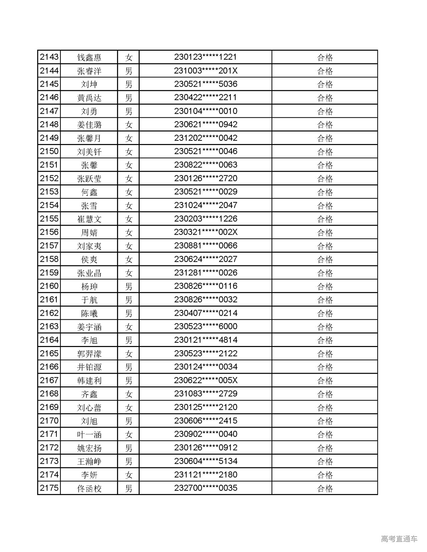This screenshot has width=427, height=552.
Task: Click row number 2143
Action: click(49, 57)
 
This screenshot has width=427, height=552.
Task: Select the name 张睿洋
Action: click(89, 71)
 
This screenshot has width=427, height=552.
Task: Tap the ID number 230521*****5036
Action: click(205, 84)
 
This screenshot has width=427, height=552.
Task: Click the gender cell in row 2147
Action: click(128, 111)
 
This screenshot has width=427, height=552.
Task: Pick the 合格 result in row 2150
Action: click(325, 152)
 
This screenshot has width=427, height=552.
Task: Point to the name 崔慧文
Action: click(89, 219)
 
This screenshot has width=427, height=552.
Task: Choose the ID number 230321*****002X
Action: click(205, 232)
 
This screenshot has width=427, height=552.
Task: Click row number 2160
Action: click(49, 286)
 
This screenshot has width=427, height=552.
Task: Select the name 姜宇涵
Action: click(89, 327)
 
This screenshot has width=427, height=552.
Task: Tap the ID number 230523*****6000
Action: click(205, 327)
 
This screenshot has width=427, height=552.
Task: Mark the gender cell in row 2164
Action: click(128, 340)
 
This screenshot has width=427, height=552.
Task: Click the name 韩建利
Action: click(89, 381)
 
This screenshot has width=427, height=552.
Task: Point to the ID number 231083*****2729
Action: click(205, 394)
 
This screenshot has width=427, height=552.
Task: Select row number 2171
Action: click(49, 434)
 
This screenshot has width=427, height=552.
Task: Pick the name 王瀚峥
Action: click(89, 461)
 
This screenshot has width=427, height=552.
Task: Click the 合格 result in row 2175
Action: click(325, 488)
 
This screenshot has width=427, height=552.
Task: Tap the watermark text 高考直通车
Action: click(399, 539)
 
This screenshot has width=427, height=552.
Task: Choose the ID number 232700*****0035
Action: click(205, 488)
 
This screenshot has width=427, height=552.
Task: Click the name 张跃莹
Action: click(89, 179)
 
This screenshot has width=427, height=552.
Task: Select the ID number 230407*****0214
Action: click(205, 313)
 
